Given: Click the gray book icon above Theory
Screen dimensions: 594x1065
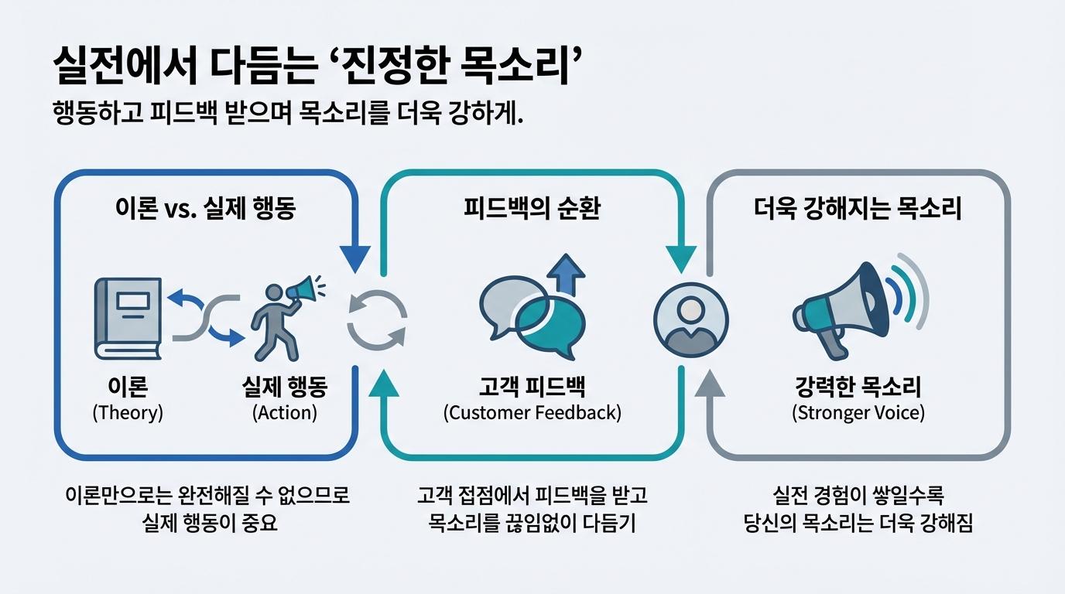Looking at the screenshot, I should click(x=128, y=318).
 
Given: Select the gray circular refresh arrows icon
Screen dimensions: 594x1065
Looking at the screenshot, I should click(x=377, y=319).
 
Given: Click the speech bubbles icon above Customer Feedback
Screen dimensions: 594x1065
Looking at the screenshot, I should click(x=532, y=317).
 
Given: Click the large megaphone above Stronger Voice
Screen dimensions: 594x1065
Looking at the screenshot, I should click(x=844, y=308).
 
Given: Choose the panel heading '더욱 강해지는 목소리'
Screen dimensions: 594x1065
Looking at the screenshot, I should click(x=858, y=210).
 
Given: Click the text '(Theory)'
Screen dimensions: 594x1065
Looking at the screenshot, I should click(x=128, y=412).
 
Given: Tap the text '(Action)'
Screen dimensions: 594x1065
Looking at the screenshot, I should click(x=285, y=412).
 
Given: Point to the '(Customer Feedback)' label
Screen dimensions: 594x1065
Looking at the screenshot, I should click(x=532, y=412).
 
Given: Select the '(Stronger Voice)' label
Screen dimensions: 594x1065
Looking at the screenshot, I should click(x=858, y=412).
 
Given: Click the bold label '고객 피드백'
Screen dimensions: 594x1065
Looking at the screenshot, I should click(x=532, y=387).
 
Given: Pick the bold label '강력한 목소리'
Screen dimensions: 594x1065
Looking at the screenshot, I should click(x=858, y=387).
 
